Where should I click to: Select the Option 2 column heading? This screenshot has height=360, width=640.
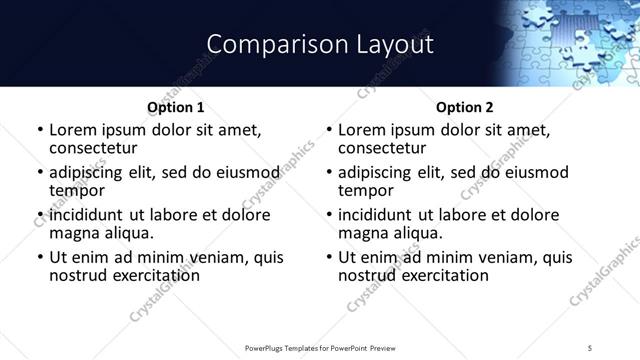coord(464,107)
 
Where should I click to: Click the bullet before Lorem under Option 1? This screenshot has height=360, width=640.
coord(39,131)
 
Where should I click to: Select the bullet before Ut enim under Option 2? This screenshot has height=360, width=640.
coord(329,257)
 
